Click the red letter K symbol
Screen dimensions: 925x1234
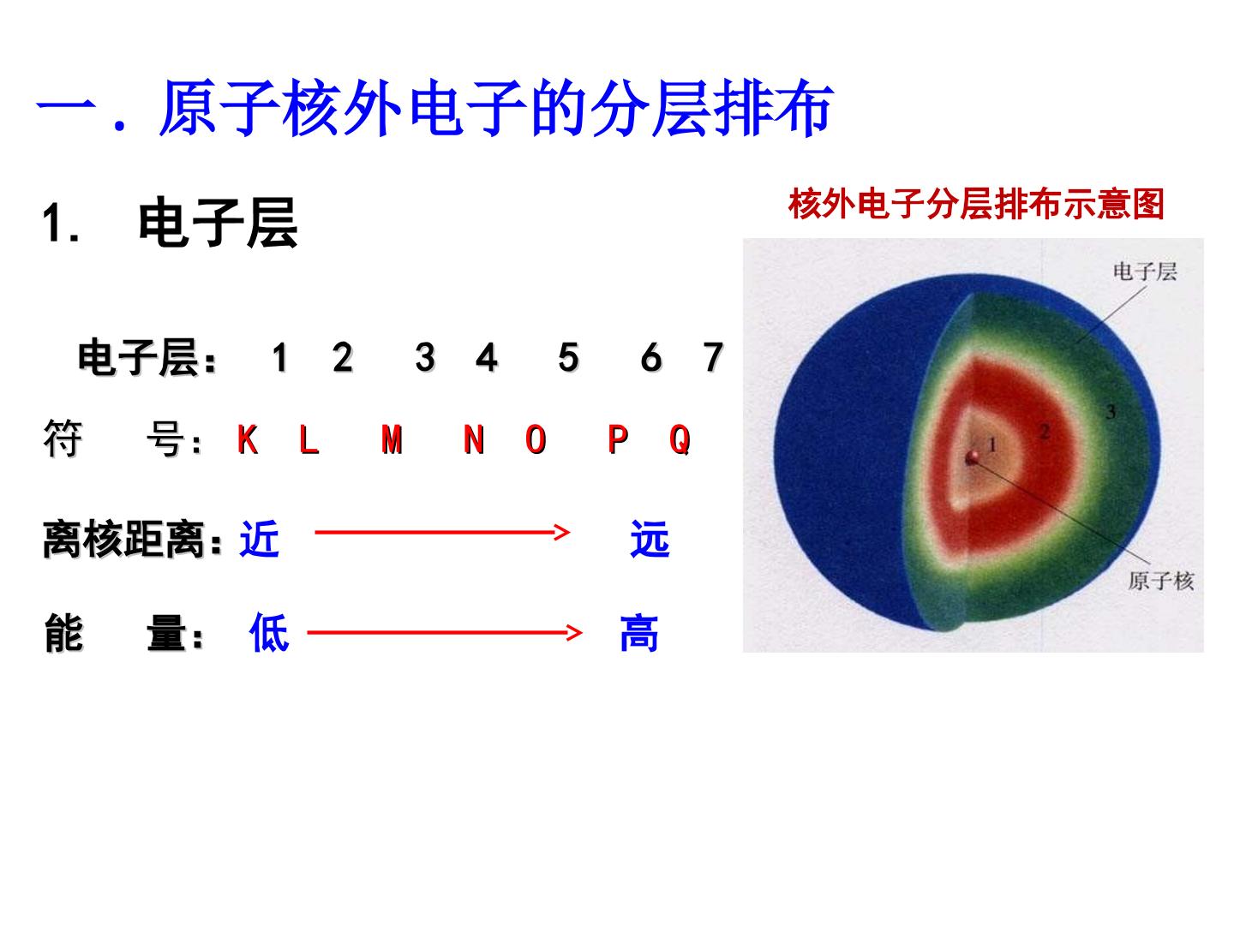coord(248,440)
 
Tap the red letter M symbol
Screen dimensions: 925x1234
coord(392,440)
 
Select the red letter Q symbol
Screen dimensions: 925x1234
coord(680,440)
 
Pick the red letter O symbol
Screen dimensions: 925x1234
coord(536,440)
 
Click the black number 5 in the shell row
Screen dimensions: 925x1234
coord(567,357)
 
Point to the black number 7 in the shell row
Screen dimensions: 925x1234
coord(713,357)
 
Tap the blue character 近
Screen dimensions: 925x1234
coord(260,540)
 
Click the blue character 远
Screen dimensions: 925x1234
coord(649,540)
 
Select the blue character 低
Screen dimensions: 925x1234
coord(269,634)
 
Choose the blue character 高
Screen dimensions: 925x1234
coord(639,634)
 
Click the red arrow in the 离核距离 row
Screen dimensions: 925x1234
coord(441,533)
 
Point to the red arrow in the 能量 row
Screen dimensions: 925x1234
coord(444,633)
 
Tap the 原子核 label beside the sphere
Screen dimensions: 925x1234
coord(1160,581)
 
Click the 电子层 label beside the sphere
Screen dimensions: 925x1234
coord(1145,272)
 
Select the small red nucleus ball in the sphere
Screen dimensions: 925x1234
coord(973,458)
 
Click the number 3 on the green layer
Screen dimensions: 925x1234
coord(1111,412)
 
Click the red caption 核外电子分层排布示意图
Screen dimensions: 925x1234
coord(976,205)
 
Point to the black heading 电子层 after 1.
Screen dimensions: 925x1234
coord(218,224)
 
